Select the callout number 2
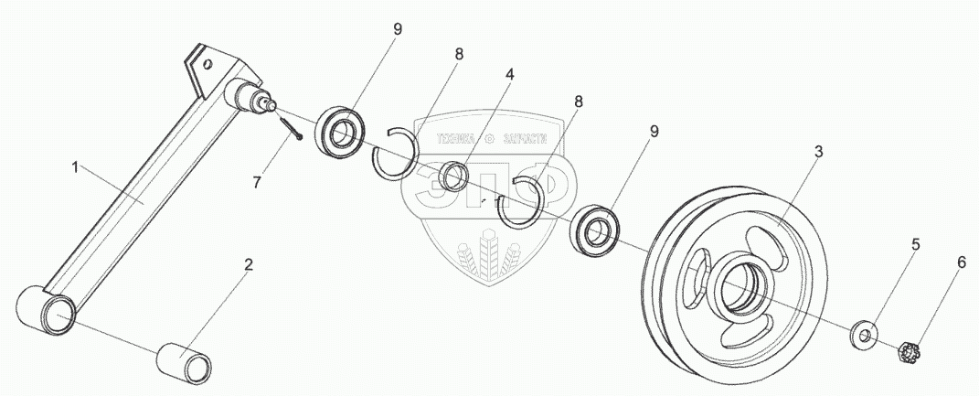[247, 265]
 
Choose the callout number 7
[257, 182]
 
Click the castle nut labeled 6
[910, 350]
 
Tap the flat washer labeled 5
[864, 334]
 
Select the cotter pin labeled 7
[293, 127]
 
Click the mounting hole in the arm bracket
[208, 65]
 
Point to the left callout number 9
[398, 29]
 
